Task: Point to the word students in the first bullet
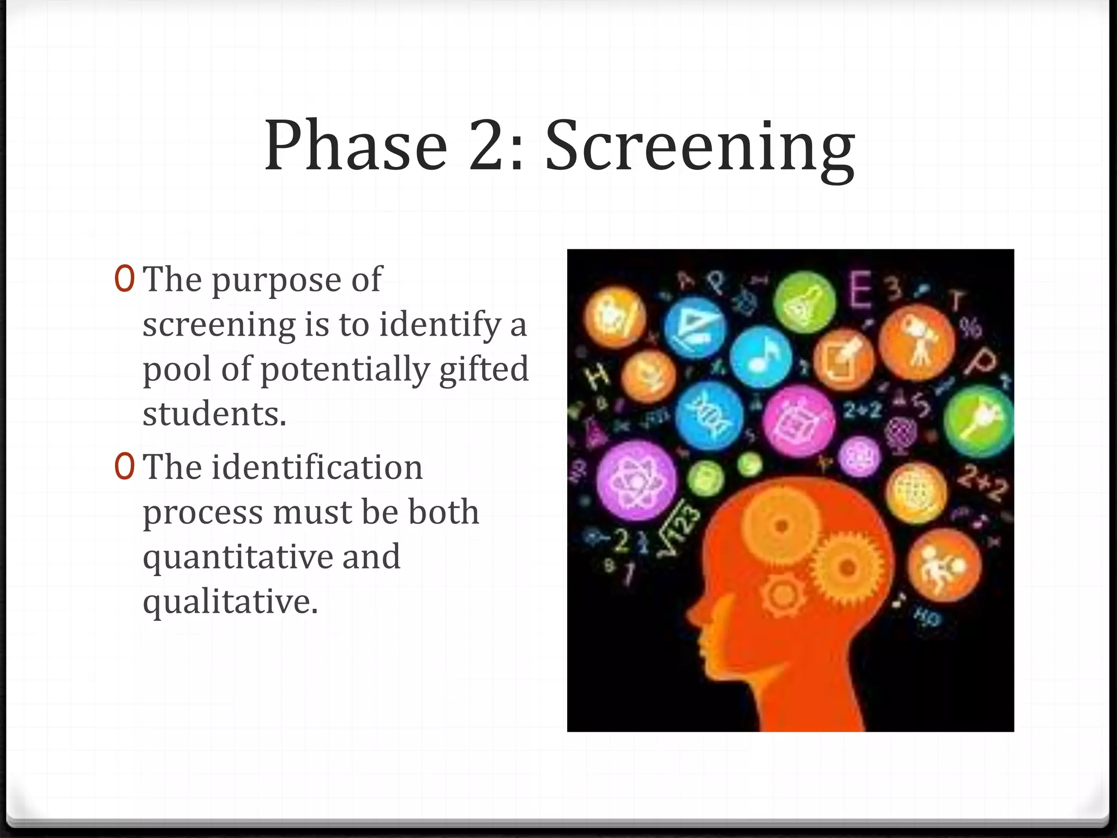214,414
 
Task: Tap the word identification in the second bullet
317,468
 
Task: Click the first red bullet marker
124,279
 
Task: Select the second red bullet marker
124,468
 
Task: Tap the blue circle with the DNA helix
708,416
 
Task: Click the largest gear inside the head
848,567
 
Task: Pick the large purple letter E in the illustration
861,290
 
